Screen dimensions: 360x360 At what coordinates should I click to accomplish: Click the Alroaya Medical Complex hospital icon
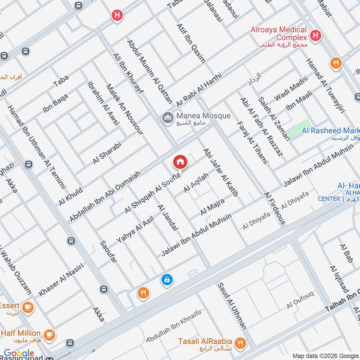pyautogui.click(x=316, y=35)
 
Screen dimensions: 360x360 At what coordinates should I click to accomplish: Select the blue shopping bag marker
pyautogui.click(x=167, y=280)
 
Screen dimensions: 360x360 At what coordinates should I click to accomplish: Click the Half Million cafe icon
pyautogui.click(x=49, y=335)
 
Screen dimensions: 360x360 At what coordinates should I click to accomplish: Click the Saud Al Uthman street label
pyautogui.click(x=233, y=306)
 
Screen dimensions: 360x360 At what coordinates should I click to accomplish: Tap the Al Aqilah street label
pyautogui.click(x=196, y=183)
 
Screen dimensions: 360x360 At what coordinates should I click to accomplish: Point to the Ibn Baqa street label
pyautogui.click(x=55, y=103)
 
